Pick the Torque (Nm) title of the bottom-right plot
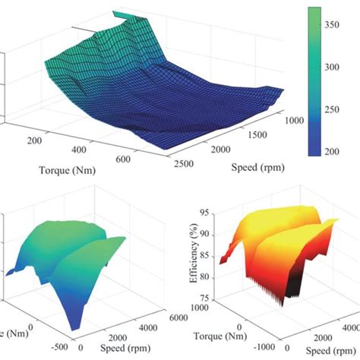[x=214, y=333]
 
